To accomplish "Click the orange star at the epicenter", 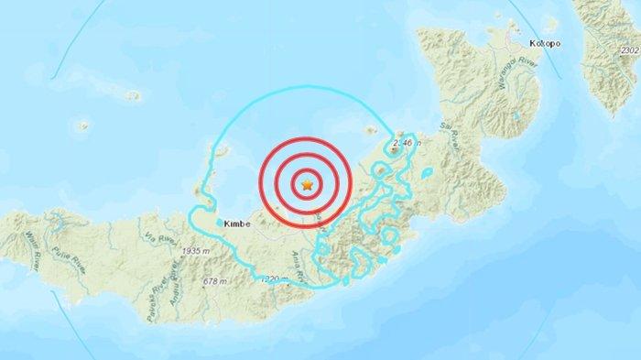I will (308, 185).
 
